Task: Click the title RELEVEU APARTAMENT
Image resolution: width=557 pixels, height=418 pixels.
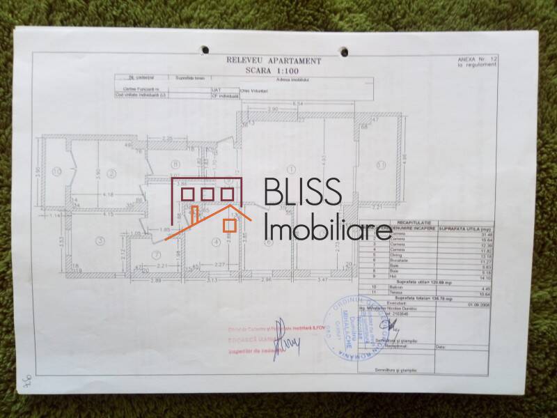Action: click(274, 61)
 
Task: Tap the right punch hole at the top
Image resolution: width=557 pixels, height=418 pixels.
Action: click(343, 50)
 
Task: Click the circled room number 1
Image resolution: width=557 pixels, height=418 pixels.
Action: click(290, 169)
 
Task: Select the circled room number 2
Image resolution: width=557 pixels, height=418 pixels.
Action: click(111, 172)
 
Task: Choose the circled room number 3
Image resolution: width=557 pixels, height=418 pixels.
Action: click(101, 241)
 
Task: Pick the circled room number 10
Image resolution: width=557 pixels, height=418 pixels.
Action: click(57, 171)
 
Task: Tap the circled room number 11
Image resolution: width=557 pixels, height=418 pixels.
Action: click(380, 164)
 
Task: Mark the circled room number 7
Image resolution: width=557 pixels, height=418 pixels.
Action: click(157, 254)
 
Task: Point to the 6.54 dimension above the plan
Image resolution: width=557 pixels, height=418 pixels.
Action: click(298, 104)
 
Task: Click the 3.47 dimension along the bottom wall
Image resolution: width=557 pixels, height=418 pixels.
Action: click(321, 279)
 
